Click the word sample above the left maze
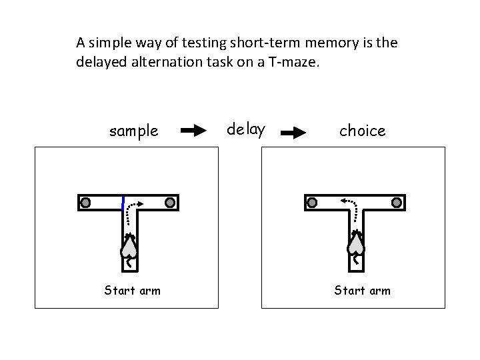click(x=134, y=131)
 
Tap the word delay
click(x=246, y=129)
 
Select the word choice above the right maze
click(x=363, y=131)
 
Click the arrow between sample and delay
click(x=194, y=131)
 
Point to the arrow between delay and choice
click(x=293, y=133)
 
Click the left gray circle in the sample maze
click(x=86, y=202)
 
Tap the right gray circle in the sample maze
click(x=170, y=202)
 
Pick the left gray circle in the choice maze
click(x=311, y=202)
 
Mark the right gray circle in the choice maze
click(x=397, y=202)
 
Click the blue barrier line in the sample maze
click(x=123, y=203)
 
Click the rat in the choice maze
click(x=356, y=245)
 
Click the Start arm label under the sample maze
click(x=132, y=290)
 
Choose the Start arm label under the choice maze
click(x=362, y=290)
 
